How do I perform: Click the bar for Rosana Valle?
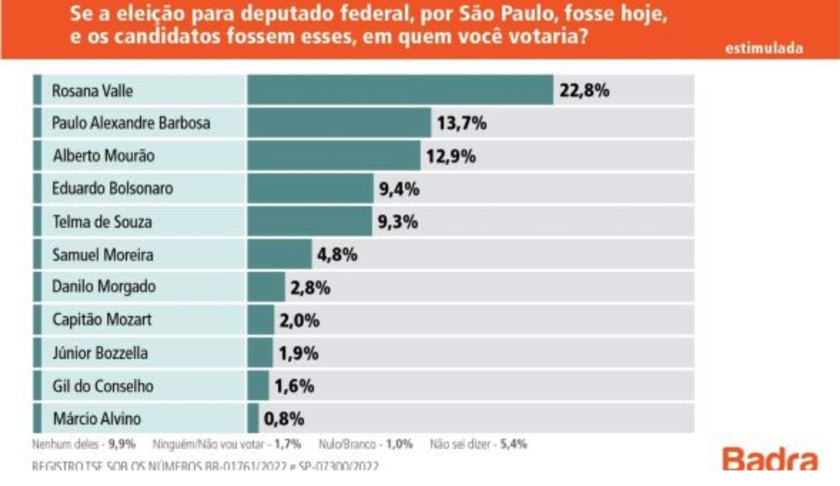pos(399,91)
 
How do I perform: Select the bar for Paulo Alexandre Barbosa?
pos(338,123)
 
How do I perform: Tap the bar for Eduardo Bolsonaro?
pos(310,188)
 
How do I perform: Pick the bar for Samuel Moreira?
pos(279,254)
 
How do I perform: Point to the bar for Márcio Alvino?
pos(253,419)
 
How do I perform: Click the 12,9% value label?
pos(450,156)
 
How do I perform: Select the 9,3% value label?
pos(398,222)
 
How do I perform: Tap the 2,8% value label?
pos(310,288)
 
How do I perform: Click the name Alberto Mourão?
pos(104,156)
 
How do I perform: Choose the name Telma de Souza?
pos(101,222)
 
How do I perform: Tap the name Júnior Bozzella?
pos(100,353)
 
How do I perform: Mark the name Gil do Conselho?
pos(102,385)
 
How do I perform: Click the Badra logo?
pos(770,460)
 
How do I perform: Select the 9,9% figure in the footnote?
pos(124,445)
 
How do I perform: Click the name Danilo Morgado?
pos(104,287)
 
